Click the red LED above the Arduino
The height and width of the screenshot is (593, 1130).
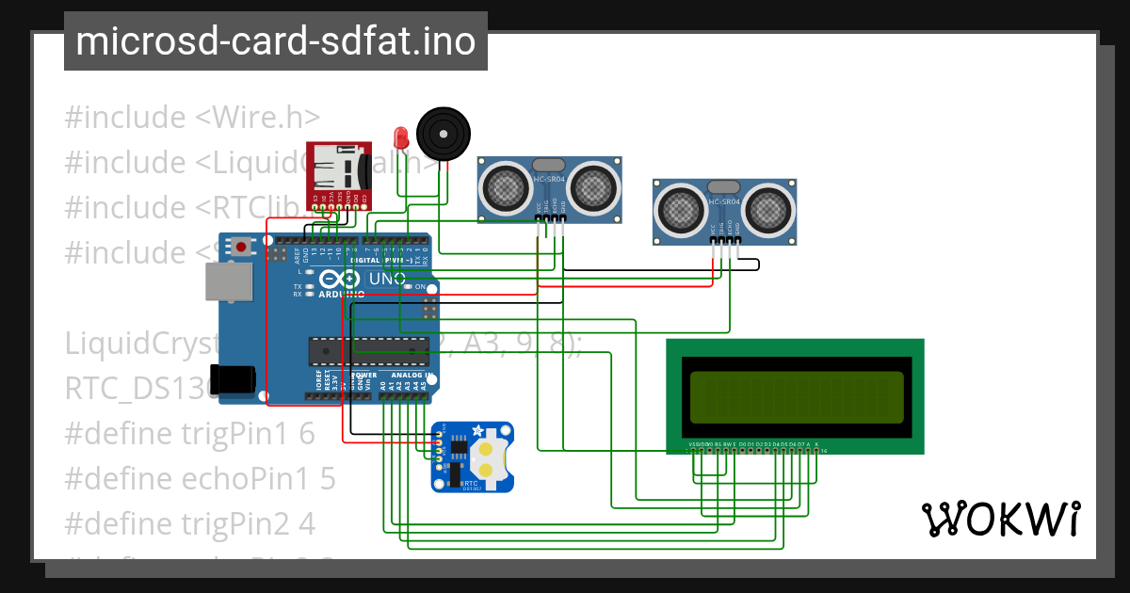tap(400, 137)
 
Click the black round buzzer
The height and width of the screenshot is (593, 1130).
tap(442, 133)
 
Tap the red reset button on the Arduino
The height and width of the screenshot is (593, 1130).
tap(243, 247)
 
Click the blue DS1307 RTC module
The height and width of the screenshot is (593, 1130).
tap(472, 457)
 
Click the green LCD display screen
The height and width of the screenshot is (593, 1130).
tap(796, 396)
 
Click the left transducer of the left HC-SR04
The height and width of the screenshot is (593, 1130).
tap(507, 187)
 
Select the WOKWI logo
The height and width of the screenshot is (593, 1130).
tap(1000, 519)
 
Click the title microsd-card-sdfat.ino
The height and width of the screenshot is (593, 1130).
tap(276, 41)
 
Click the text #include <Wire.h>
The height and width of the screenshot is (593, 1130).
tap(192, 118)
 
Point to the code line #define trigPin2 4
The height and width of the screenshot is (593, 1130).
tap(189, 523)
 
